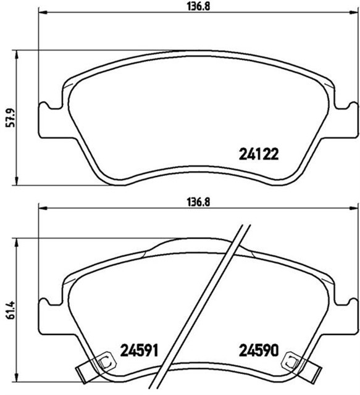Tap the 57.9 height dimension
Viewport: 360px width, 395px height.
click(9, 117)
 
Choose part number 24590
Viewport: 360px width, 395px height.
click(259, 352)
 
